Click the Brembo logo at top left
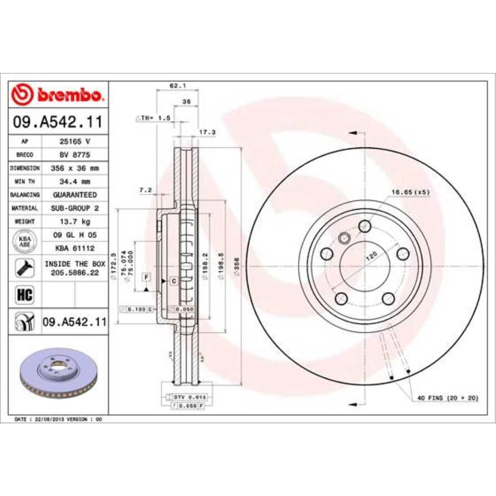tap(58, 94)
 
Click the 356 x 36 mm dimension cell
tap(74, 168)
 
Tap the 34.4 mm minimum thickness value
tap(74, 182)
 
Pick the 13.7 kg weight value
tap(74, 222)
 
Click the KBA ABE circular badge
tap(25, 242)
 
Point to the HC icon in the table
tap(25, 295)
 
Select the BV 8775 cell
tap(74, 155)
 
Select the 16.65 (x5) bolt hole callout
tap(410, 191)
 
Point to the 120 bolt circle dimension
tap(371, 256)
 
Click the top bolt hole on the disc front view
tap(365, 226)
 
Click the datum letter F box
tap(147, 276)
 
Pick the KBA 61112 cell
tap(74, 248)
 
